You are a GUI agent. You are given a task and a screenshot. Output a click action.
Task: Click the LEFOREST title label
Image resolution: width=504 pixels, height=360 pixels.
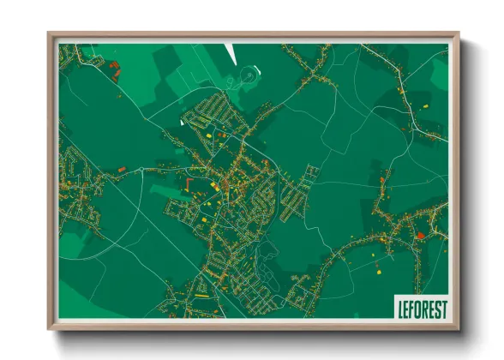click(420, 308)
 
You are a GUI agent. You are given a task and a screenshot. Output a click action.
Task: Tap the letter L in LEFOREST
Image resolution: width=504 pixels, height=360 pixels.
click(398, 308)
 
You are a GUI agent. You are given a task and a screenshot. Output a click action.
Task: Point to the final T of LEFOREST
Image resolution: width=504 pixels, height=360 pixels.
click(443, 308)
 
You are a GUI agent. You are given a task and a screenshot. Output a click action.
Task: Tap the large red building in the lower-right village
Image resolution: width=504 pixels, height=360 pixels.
click(420, 235)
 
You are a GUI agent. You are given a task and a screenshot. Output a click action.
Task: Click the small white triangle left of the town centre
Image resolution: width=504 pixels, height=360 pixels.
click(182, 123)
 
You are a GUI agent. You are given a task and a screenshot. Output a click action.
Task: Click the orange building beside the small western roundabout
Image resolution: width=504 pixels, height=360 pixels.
click(122, 170)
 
